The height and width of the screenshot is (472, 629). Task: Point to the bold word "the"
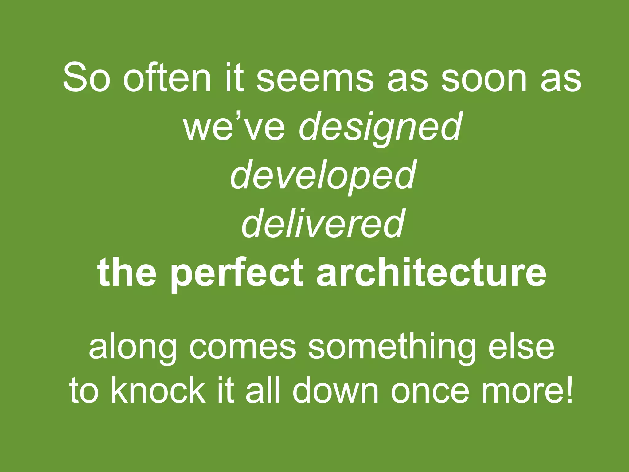127,272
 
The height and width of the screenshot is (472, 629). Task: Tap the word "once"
430,391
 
